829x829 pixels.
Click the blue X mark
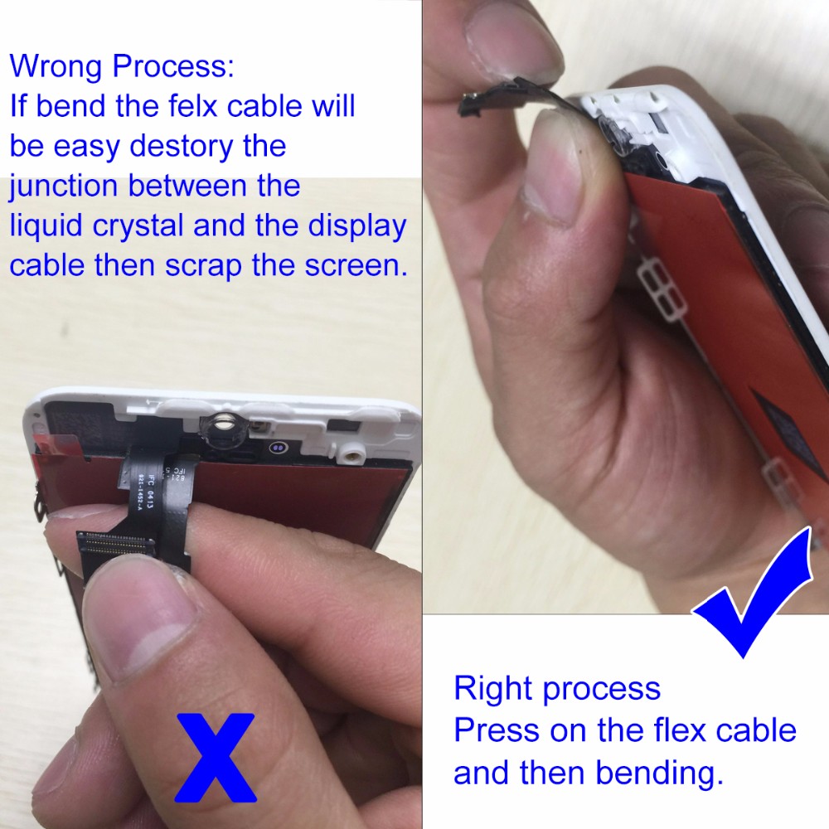(x=216, y=757)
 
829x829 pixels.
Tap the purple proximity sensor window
(x=278, y=448)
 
